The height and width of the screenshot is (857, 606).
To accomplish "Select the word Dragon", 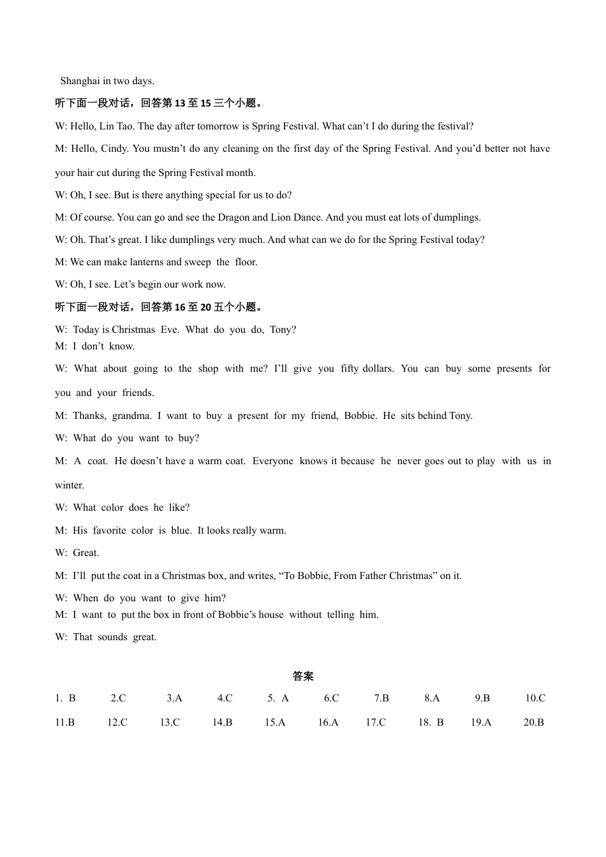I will (233, 217).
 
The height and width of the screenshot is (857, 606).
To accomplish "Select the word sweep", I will (198, 262).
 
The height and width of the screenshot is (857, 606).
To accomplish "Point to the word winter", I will (69, 485).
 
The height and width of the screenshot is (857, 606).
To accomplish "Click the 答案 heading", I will (303, 676).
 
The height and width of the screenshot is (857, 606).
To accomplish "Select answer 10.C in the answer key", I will (535, 698).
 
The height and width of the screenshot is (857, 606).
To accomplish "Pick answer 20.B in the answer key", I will (533, 722).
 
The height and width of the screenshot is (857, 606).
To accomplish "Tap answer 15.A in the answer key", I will (275, 722).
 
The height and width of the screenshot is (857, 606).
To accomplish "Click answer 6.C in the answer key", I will (331, 698).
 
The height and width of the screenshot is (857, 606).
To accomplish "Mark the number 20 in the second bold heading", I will (205, 307).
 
